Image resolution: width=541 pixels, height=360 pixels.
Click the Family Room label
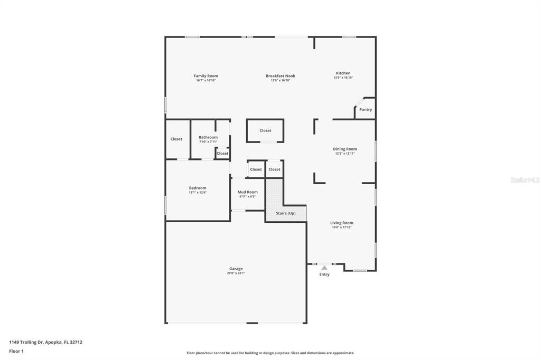click(x=206, y=76)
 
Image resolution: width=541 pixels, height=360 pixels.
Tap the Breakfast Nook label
click(x=280, y=76)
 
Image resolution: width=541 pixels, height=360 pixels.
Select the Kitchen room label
click(x=343, y=73)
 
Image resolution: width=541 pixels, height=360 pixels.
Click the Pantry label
click(x=366, y=110)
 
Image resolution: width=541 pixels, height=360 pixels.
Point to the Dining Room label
click(x=344, y=149)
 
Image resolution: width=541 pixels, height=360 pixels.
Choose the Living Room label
click(x=342, y=223)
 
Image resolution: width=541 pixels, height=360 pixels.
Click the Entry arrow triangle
click(x=324, y=268)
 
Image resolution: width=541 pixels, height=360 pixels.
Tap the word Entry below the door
click(x=324, y=274)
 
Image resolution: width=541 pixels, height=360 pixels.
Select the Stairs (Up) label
click(x=286, y=213)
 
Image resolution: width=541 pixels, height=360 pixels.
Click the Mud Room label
click(x=247, y=192)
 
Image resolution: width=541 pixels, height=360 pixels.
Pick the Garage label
click(x=236, y=269)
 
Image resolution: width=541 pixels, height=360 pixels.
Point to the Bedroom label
click(x=198, y=188)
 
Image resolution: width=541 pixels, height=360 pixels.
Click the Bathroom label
click(x=208, y=137)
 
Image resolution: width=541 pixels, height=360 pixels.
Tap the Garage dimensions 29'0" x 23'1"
click(x=236, y=273)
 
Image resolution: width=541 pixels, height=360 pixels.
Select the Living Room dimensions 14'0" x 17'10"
click(x=342, y=228)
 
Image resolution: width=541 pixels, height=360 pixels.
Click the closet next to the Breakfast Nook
click(x=265, y=131)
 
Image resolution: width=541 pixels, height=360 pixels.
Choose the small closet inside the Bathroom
click(x=222, y=154)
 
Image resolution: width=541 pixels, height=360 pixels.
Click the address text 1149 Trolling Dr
click(x=45, y=342)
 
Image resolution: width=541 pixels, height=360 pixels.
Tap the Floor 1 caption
click(x=16, y=351)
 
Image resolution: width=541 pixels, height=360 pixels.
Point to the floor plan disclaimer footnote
click(x=270, y=353)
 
